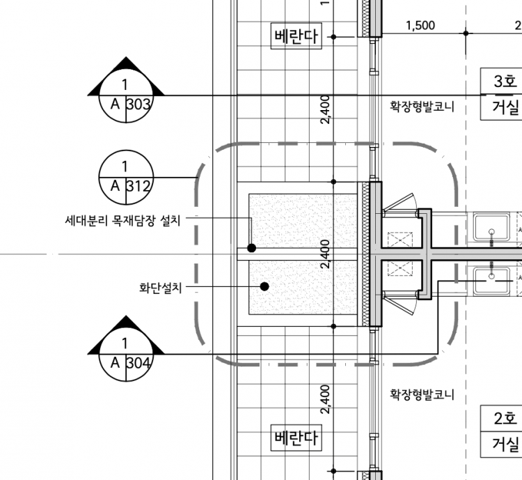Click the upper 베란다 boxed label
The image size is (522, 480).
coord(296,36)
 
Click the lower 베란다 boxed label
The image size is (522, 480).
coord(296,439)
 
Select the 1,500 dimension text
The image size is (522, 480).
coord(420,26)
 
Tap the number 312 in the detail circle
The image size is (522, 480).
coord(139,186)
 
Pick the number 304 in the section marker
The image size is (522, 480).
coord(139,362)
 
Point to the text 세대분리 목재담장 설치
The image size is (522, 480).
coord(122,221)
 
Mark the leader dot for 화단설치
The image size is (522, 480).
coord(264,286)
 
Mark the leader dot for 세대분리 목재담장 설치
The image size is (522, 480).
coord(252,248)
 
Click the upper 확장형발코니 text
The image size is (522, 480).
coord(422,107)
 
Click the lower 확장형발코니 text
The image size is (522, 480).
coord(422,395)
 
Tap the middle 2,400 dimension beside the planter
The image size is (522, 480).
coord(325,254)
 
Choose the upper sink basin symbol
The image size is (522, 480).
coord(493,227)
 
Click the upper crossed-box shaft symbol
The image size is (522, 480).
coord(400,238)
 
